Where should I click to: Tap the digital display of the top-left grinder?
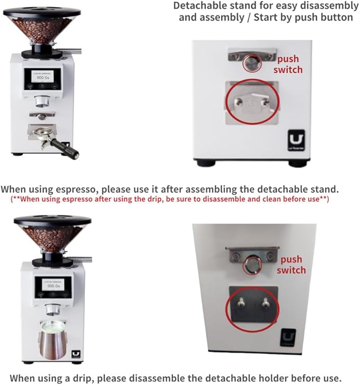[x=42, y=77]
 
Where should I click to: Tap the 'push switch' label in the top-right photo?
[x=289, y=64]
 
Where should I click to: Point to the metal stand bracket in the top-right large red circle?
[x=252, y=102]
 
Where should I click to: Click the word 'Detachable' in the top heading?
[x=200, y=6]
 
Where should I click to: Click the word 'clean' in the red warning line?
[x=268, y=199]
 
